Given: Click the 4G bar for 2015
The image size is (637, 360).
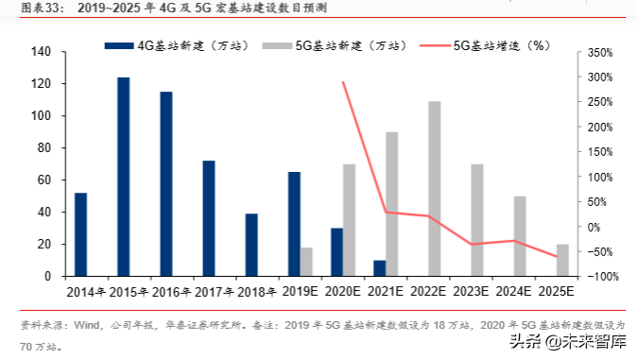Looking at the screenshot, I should [123, 177].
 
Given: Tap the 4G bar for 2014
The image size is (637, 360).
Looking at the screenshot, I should [80, 234].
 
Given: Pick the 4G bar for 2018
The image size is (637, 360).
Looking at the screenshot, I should [251, 245].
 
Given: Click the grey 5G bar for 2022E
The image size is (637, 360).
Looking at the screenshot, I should [434, 189].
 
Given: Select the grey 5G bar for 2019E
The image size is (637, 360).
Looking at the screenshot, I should [306, 262].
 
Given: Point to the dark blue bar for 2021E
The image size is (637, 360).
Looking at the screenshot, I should [379, 268].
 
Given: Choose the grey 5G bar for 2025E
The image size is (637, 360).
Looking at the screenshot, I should [562, 260].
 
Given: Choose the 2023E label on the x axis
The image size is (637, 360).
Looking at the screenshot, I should [476, 288].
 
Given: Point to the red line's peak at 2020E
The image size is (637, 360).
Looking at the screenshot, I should [342, 81].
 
